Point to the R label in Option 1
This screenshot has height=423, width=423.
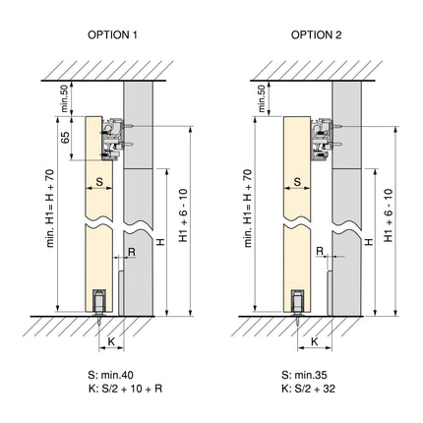click(x=132, y=252)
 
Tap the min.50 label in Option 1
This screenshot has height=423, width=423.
click(x=65, y=96)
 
